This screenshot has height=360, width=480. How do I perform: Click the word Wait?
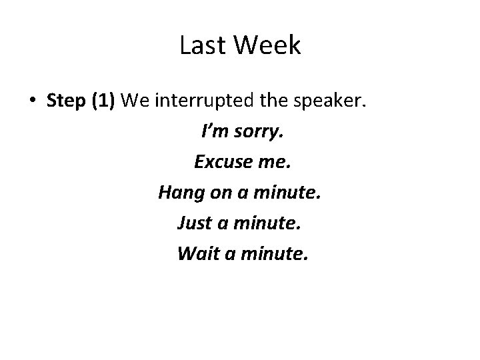click(195, 254)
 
